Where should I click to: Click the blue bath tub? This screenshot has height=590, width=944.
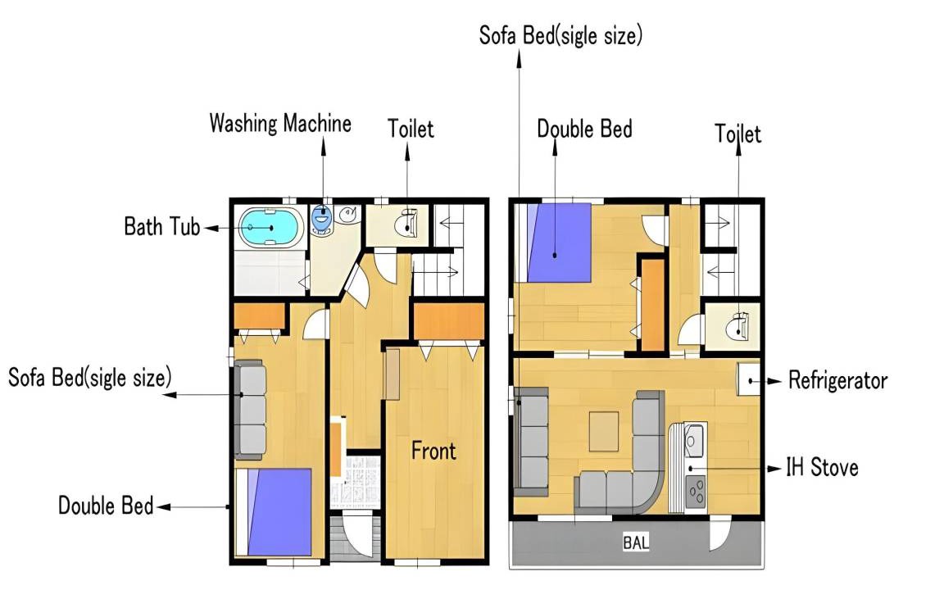coord(271,228)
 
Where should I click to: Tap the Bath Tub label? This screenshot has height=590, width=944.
coord(162,226)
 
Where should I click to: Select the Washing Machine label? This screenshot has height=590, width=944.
coord(280,123)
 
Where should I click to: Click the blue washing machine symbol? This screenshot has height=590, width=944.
coord(322,219)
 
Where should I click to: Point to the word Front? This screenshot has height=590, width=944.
coord(433,451)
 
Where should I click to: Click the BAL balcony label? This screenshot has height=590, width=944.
coord(636,542)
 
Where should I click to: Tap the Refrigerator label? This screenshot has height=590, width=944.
coord(837,380)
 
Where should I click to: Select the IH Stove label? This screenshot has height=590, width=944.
coord(822,467)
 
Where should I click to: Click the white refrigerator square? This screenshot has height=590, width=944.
coord(749,379)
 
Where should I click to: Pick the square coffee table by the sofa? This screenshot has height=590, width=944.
coord(604,431)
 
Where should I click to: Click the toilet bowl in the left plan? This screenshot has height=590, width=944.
coord(406,225)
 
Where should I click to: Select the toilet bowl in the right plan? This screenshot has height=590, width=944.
coord(737,328)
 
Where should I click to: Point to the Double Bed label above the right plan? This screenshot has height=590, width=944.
coord(584,129)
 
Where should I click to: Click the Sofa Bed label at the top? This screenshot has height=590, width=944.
coord(560,35)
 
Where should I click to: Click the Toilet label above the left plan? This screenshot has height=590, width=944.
coord(411,128)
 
